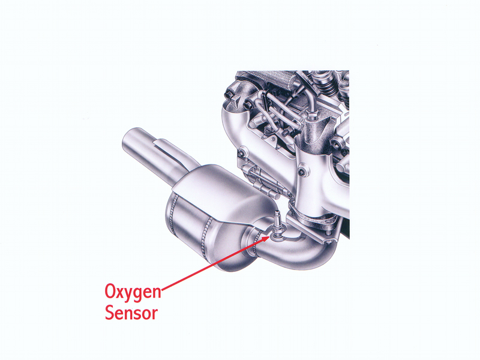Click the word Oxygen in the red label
point(133,292)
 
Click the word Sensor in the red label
point(131,313)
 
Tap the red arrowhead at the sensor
point(265,239)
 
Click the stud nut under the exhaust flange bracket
point(328,236)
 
